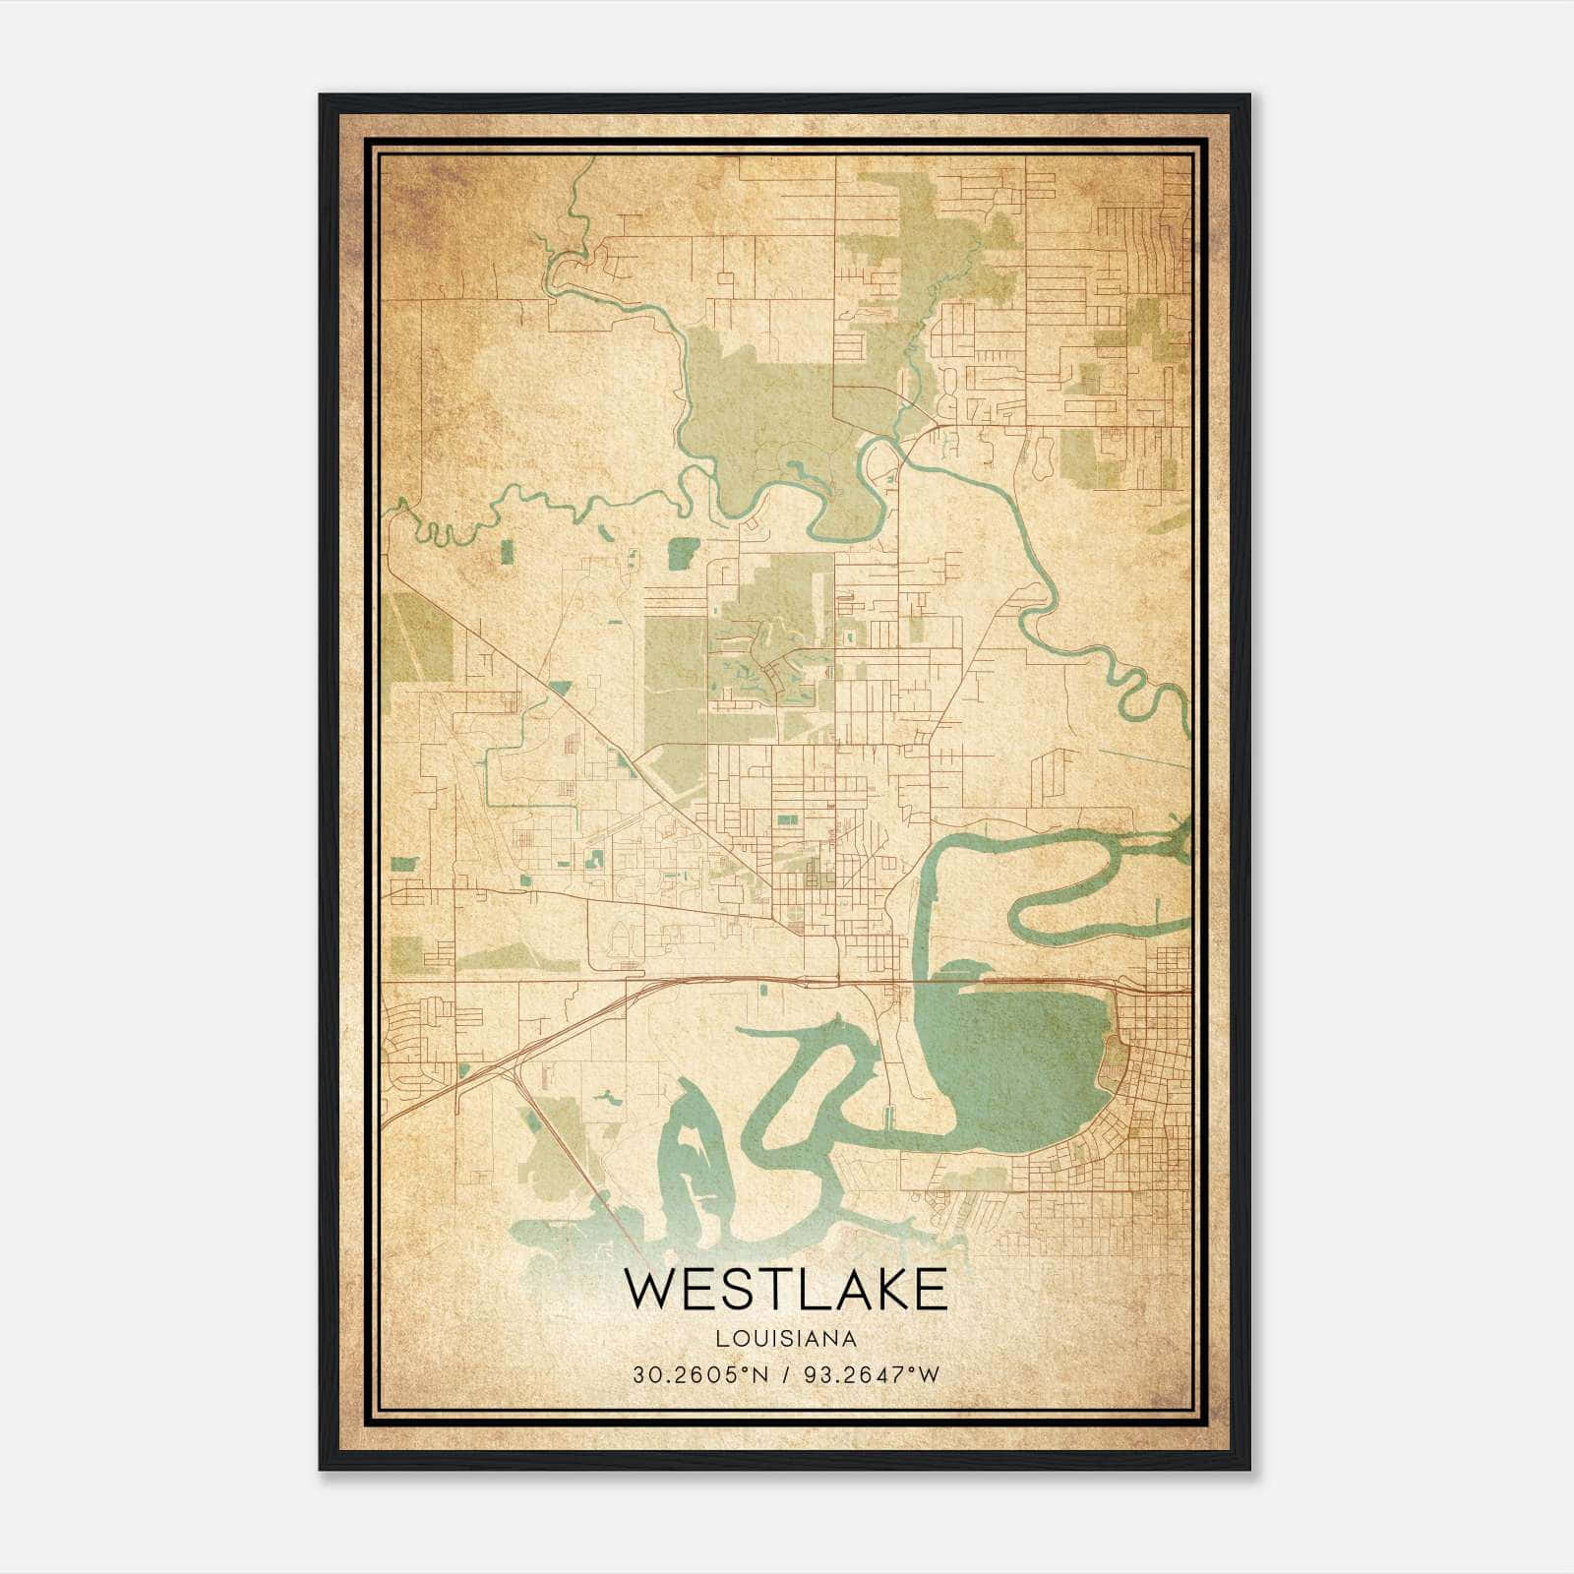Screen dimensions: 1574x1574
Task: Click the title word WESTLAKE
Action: point(785,1290)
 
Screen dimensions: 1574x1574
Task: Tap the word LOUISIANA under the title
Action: point(785,1339)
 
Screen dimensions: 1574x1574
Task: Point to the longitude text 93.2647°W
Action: point(872,1374)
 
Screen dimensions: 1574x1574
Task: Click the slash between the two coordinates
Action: point(784,1374)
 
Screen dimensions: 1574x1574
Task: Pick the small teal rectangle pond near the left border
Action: point(403,865)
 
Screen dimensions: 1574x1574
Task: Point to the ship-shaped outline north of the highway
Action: point(621,938)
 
